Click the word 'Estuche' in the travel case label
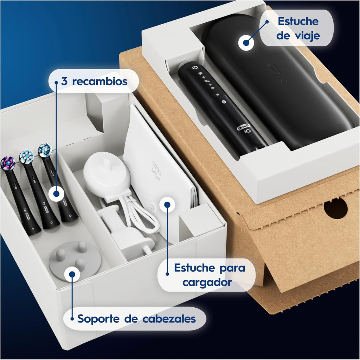pos(298,21)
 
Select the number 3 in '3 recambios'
pos(64,81)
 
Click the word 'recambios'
pos(100,81)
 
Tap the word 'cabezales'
pos(169,319)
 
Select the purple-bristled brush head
pos(8,163)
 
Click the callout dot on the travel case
pos(246,43)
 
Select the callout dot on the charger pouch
pos(167,204)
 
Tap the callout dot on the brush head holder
pos(72,274)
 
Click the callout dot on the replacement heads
pos(57,194)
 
